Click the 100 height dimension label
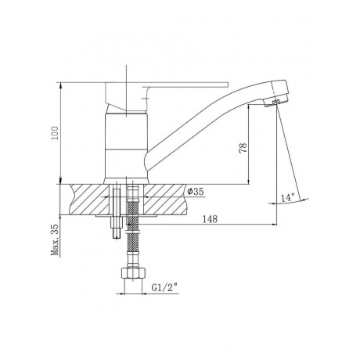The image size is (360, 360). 55,133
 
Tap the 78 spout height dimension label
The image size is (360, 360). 243,148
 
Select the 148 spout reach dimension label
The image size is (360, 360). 210,219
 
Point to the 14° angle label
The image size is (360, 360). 288,197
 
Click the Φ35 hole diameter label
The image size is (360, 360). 196,192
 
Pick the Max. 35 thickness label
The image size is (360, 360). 56,239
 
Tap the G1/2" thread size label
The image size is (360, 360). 164,288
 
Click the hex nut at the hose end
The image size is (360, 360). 133,273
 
